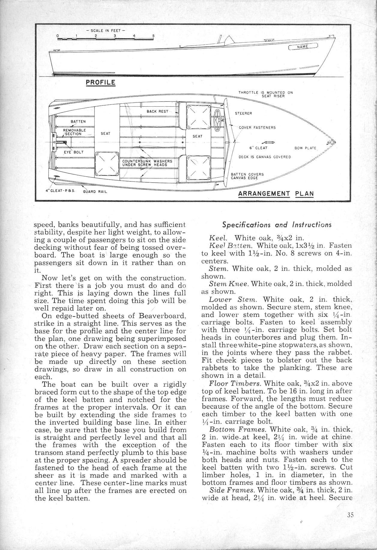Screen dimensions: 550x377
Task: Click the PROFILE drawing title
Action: (x=101, y=82)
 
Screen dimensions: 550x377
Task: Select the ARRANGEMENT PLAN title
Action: (x=276, y=193)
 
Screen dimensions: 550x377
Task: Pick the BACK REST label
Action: (x=158, y=111)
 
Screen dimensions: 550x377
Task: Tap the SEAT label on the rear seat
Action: (x=105, y=133)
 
